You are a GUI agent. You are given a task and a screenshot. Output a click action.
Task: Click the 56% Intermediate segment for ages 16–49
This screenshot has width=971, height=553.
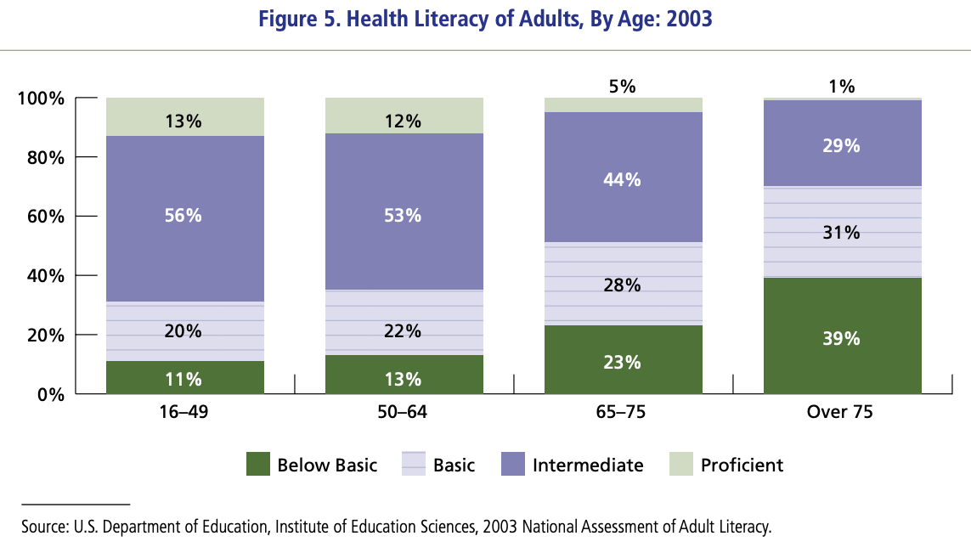[184, 217]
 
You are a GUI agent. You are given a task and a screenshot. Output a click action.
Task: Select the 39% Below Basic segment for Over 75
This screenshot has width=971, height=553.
[842, 338]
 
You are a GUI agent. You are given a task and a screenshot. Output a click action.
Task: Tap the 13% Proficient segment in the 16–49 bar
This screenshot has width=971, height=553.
[184, 121]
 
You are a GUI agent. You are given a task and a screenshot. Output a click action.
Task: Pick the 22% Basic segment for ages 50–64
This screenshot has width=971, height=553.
[404, 331]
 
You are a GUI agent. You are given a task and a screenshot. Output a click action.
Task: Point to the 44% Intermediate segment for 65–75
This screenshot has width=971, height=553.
[623, 180]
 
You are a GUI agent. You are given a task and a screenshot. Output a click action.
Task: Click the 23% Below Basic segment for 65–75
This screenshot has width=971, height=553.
[623, 363]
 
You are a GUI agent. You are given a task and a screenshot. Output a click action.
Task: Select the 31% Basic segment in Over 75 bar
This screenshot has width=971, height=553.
[842, 232]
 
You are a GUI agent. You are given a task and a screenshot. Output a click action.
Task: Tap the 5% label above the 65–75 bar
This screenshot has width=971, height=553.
[623, 86]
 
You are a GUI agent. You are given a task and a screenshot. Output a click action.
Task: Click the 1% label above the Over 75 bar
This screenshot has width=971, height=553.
[842, 86]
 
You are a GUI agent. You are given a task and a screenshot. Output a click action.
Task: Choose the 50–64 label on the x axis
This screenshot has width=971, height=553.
[404, 414]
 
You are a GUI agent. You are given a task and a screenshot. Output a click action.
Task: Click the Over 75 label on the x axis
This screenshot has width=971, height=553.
[841, 414]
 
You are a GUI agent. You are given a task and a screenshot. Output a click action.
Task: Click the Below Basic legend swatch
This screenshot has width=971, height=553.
[257, 464]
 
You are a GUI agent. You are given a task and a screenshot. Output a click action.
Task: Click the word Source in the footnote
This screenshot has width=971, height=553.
[42, 527]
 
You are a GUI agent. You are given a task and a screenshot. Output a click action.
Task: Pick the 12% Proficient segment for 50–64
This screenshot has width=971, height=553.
[404, 121]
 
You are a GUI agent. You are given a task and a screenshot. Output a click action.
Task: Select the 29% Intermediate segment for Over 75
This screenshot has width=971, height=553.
[842, 146]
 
